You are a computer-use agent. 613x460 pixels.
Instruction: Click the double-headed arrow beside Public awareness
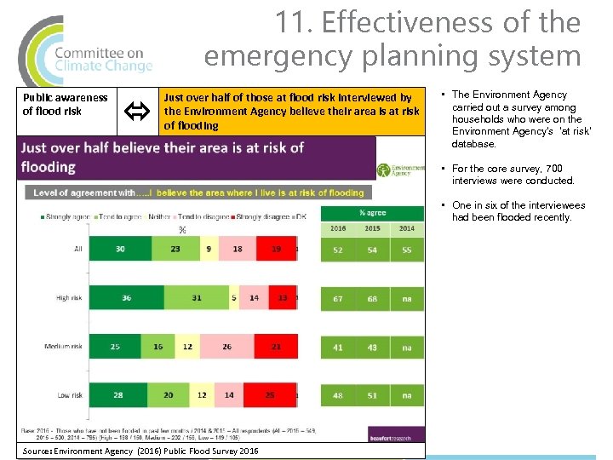(x=134, y=110)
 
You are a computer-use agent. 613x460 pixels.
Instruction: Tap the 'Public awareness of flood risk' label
(x=65, y=104)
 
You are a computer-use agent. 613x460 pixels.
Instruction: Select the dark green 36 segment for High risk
(x=126, y=297)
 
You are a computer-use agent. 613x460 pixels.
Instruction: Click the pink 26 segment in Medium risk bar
(x=226, y=347)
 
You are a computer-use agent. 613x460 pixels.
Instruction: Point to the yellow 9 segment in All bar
(x=209, y=249)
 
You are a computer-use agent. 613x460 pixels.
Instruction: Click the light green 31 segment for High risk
(x=196, y=297)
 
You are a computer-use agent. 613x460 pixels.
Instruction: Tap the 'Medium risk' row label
(x=64, y=347)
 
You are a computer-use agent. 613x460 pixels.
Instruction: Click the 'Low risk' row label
(x=69, y=395)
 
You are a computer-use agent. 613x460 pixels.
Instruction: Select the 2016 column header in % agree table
(x=338, y=228)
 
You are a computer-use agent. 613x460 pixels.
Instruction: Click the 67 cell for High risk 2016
(x=338, y=298)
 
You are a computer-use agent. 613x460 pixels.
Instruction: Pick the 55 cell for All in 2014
(x=406, y=250)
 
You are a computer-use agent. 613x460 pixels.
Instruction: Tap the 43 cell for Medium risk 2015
(x=372, y=348)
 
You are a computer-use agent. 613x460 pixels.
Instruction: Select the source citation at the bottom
(x=140, y=451)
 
